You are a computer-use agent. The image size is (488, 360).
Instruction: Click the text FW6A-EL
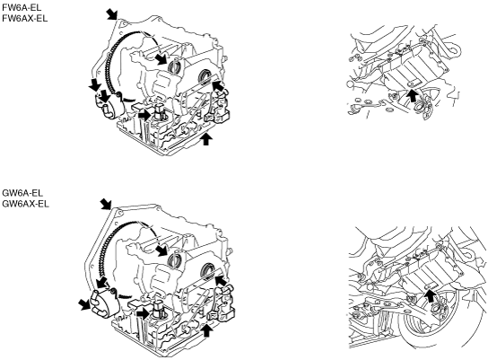click(22, 7)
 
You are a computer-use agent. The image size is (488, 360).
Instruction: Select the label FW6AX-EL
click(25, 18)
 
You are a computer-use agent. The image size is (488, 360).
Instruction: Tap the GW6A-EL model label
click(22, 193)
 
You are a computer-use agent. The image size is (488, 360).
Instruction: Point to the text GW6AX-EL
click(25, 204)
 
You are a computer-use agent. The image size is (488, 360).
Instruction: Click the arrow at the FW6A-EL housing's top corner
click(112, 14)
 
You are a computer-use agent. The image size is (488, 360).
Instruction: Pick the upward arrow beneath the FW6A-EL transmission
click(205, 139)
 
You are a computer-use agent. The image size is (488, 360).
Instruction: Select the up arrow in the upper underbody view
click(412, 95)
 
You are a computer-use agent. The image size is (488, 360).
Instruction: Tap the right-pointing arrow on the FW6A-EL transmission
click(144, 115)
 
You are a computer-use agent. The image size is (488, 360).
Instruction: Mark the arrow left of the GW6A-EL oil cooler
click(84, 304)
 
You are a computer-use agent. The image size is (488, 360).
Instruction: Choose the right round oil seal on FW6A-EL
click(205, 76)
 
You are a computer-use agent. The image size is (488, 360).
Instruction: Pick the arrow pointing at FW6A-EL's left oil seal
click(161, 58)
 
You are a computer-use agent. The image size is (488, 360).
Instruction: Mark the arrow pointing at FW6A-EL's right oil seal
click(218, 85)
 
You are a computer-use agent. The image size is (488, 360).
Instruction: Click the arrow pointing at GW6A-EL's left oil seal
click(162, 250)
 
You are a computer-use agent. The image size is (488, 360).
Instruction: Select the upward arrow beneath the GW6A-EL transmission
click(206, 331)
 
